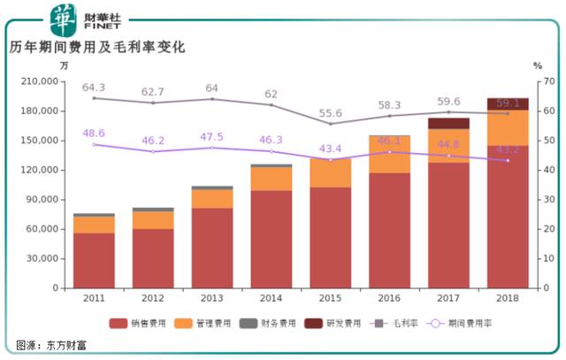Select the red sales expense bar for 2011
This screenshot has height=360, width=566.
(x=94, y=260)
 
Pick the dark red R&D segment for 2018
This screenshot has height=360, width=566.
(x=508, y=103)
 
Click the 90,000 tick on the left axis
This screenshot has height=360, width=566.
(x=42, y=200)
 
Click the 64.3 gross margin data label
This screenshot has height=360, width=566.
(x=94, y=88)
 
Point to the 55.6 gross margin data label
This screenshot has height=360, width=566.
(x=330, y=113)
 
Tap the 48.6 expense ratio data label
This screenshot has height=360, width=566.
(x=94, y=134)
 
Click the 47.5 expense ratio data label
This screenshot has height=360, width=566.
(x=212, y=137)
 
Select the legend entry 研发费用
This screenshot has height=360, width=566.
(x=332, y=324)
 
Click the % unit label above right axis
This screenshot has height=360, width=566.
(x=536, y=65)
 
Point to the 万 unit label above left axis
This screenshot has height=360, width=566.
(x=64, y=65)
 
